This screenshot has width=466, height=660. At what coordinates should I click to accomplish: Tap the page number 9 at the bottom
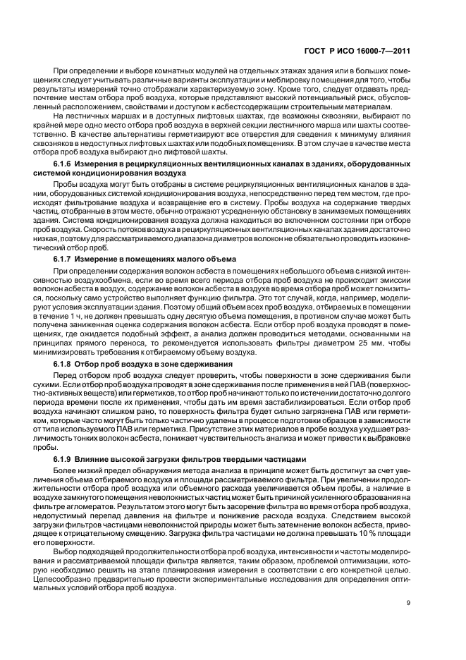(x=409, y=603)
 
